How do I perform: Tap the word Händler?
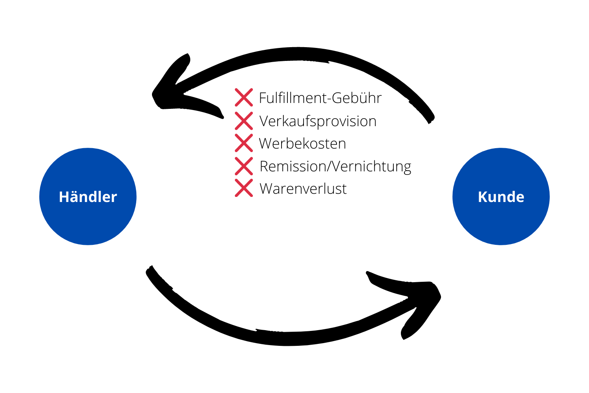pos(88,197)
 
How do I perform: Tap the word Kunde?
pos(501,197)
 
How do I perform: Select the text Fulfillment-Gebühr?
pos(320,98)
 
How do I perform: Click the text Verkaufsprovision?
pos(318,121)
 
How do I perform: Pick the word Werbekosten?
pos(302,143)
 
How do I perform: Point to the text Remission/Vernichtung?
pos(335,166)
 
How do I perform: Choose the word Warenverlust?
pos(303,189)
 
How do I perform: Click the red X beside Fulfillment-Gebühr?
pos(244,97)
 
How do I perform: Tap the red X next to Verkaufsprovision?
pos(244,121)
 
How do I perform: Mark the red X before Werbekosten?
pos(244,143)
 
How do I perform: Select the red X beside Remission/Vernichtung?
pos(244,166)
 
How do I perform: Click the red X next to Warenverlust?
pos(244,188)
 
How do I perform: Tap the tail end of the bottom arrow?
pos(151,271)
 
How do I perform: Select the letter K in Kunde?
pos(483,197)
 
